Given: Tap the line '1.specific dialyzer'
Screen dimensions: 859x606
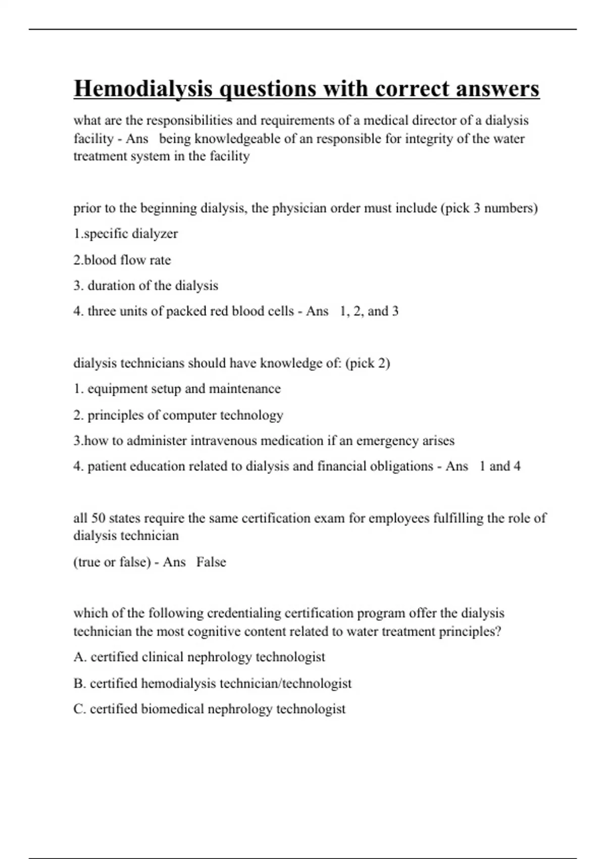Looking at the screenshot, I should click(x=126, y=234).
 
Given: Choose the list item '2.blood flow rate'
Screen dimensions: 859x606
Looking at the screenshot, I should click(x=122, y=260).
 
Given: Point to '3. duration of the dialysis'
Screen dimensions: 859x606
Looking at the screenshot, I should click(x=145, y=286).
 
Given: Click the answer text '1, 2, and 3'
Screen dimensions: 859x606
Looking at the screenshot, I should click(x=369, y=311).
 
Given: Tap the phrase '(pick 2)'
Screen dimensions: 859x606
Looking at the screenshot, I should click(x=368, y=363).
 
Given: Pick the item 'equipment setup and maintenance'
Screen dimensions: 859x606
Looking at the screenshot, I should click(x=184, y=389).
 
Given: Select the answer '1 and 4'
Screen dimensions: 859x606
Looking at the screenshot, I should click(x=499, y=466).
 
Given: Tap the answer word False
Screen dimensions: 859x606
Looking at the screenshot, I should click(x=211, y=562).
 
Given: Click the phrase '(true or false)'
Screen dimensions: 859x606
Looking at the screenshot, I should click(x=112, y=562).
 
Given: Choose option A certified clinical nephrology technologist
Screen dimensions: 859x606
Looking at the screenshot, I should click(x=199, y=657).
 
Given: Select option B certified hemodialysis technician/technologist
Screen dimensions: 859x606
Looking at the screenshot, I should click(x=212, y=684).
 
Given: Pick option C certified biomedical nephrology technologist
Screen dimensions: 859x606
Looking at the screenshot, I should click(x=209, y=709).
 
